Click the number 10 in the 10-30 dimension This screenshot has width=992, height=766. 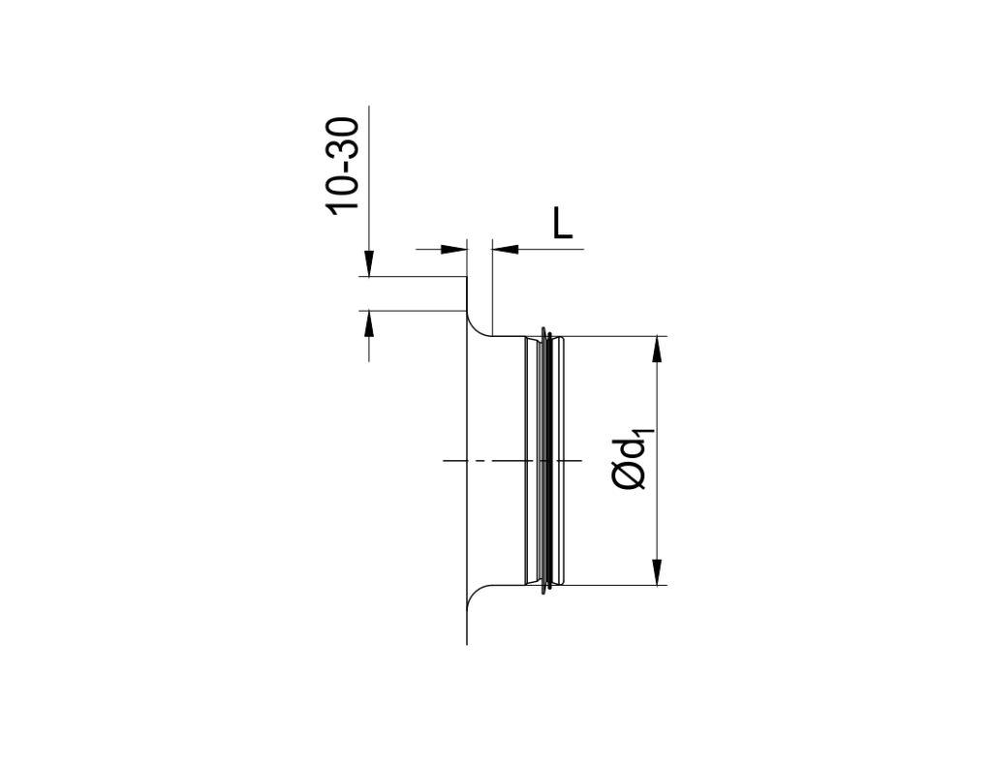point(344,192)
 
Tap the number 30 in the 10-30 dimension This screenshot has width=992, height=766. point(344,138)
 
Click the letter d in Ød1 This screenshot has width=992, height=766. point(633,446)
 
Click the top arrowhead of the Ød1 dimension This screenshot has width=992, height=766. point(658,348)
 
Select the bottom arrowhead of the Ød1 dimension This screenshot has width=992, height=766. point(658,572)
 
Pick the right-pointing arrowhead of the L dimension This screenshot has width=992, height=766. point(456,250)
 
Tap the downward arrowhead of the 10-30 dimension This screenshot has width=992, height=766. point(369,264)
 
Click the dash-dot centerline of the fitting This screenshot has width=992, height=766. point(484,461)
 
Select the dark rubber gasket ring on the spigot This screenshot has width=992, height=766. point(550,461)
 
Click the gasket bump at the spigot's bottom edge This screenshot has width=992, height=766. point(550,587)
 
